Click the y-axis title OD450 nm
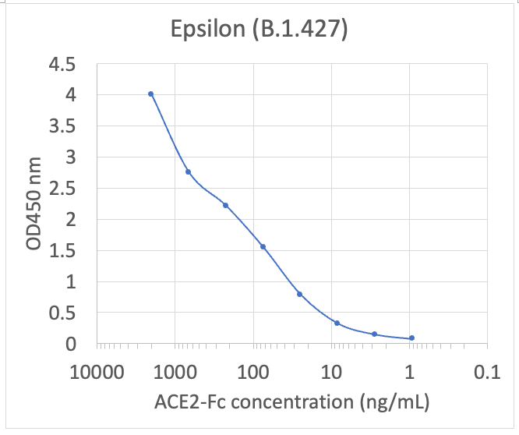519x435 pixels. [33, 203]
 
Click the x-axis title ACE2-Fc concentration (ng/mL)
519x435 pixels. [291, 401]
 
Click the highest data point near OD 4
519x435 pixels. [150, 94]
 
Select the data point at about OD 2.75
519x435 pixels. [188, 172]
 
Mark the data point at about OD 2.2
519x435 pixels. [225, 205]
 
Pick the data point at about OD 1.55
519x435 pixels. [263, 246]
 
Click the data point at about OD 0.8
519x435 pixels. [299, 294]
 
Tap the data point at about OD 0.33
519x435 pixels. [337, 323]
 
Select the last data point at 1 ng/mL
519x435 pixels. [411, 338]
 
